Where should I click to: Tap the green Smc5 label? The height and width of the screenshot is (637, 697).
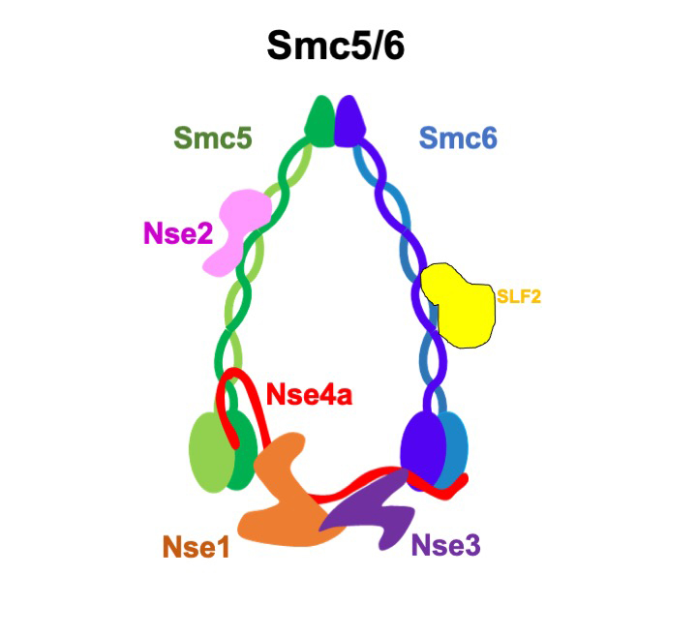pos(213,137)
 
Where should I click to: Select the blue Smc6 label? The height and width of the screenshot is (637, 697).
pos(459,137)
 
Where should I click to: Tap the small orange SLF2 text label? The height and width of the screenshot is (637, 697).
pos(519,297)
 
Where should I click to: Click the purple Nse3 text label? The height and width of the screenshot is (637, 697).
pos(445,544)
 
